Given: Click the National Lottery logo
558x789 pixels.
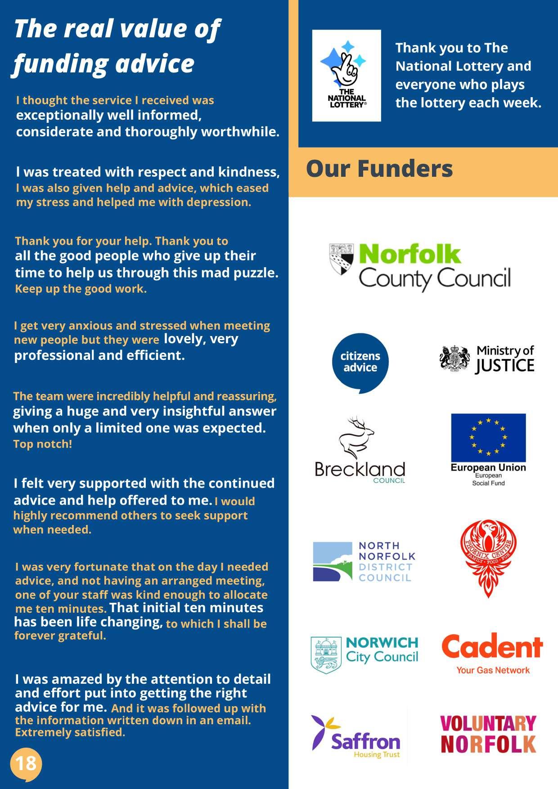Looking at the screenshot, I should tap(346, 76).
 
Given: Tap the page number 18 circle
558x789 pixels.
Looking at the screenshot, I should tap(26, 763).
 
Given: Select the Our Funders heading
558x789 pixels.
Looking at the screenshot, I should tap(379, 169).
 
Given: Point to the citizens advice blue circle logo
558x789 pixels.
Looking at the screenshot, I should tap(360, 362).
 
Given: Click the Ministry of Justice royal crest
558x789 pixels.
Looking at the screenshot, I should tap(455, 359).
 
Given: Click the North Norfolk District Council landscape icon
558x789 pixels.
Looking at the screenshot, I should tap(333, 561).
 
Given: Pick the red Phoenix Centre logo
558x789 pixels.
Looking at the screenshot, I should tap(488, 558).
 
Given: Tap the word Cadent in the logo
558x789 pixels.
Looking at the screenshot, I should tap(492, 647).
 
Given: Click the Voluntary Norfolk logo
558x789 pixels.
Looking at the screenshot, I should tap(488, 734).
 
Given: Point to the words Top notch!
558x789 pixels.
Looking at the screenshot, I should tap(43, 444).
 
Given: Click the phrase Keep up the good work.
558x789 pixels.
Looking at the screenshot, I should tap(81, 289).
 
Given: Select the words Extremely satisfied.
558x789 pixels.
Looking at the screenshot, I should tap(70, 732).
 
